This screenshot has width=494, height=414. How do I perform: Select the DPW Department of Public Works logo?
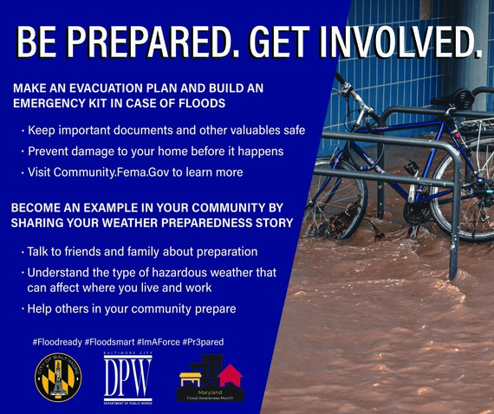[127, 378]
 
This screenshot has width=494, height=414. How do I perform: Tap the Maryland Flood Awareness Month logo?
[211, 378]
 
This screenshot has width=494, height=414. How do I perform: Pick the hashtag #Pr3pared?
[203, 342]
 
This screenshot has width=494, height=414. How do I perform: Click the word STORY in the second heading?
[270, 223]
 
